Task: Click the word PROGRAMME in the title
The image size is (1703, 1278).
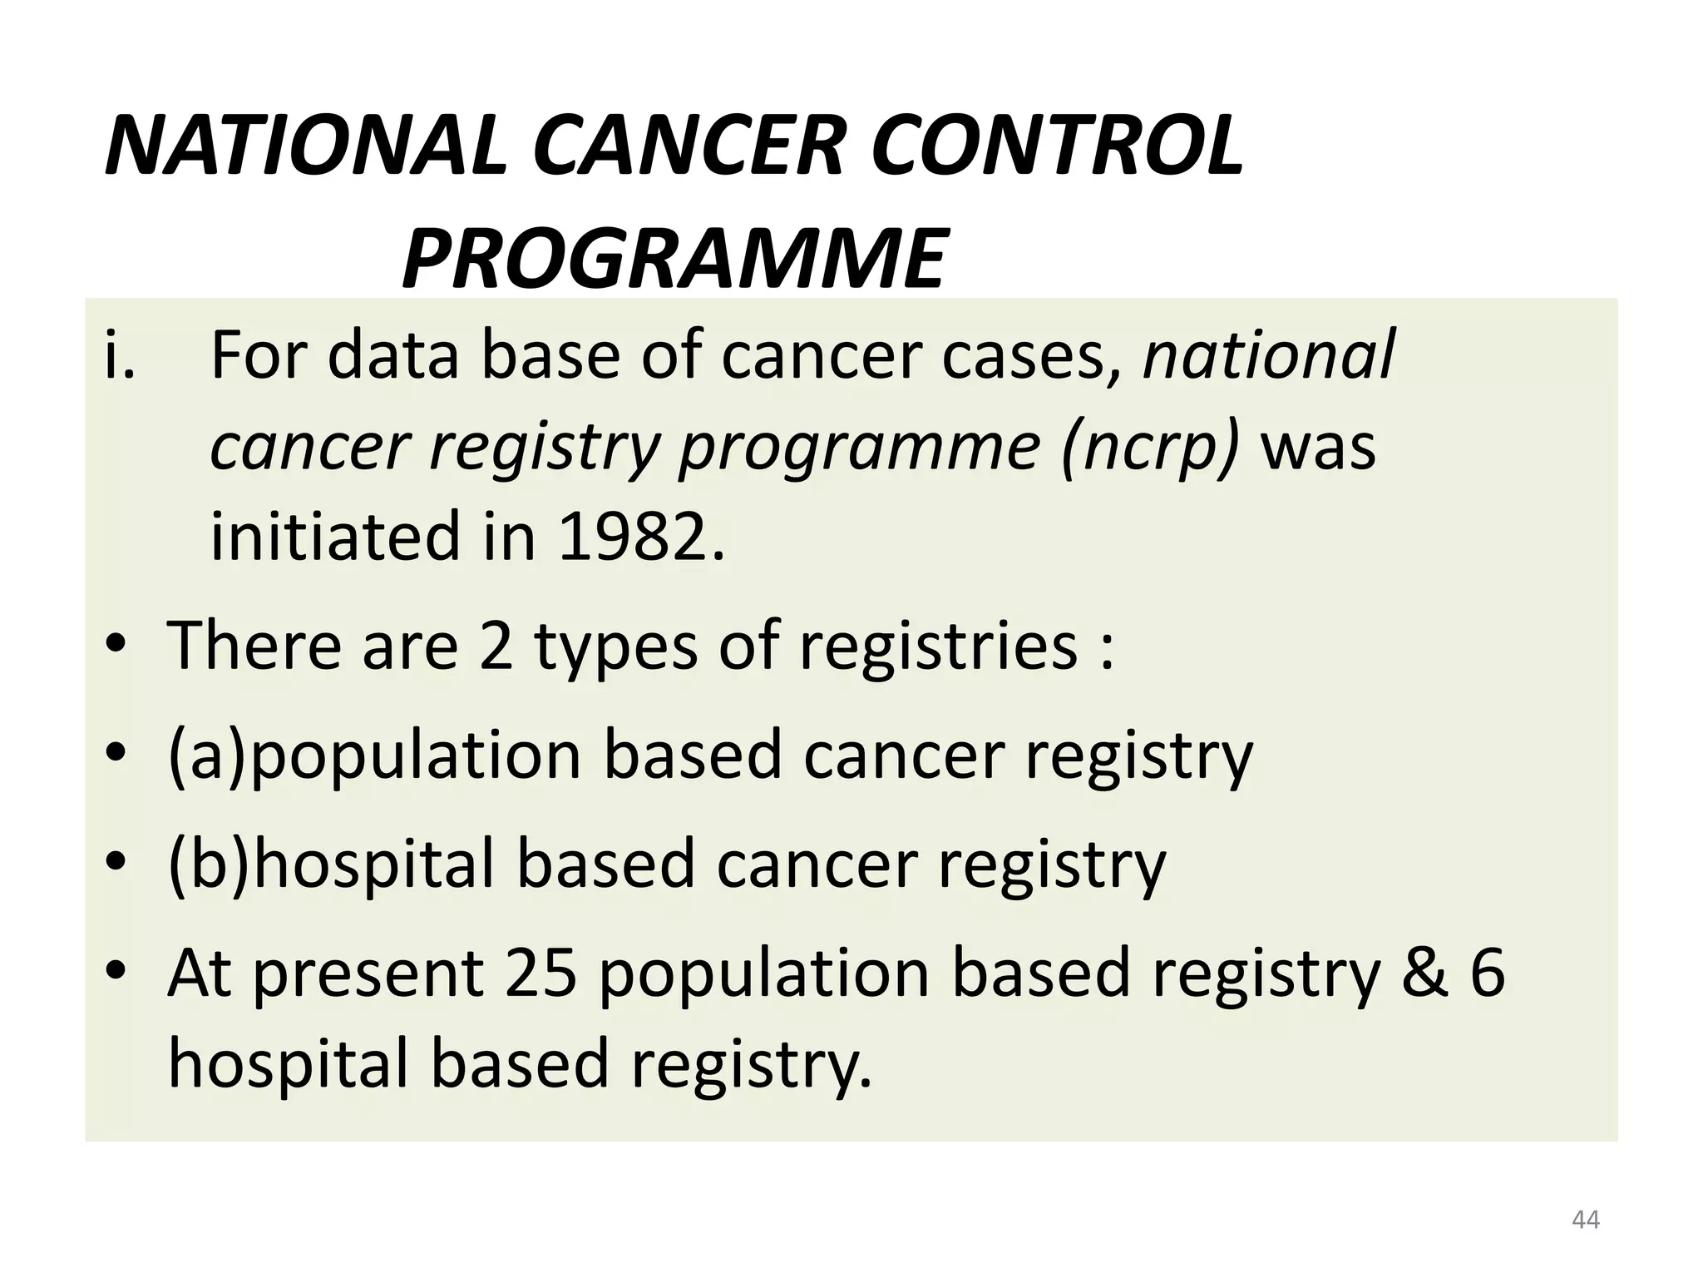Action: pyautogui.click(x=674, y=257)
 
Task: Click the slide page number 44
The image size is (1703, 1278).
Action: pyautogui.click(x=1585, y=1220)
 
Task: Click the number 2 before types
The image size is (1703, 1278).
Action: pyautogui.click(x=496, y=646)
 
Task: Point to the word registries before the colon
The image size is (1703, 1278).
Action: pyautogui.click(x=937, y=646)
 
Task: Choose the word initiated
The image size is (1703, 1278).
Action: pyautogui.click(x=334, y=536)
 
